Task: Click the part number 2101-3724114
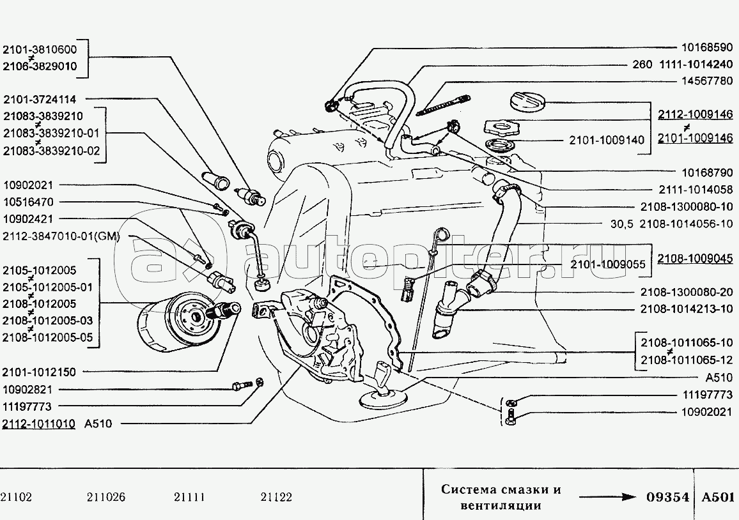(x=40, y=99)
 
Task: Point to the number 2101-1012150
(x=40, y=372)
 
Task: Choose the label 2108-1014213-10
(x=687, y=309)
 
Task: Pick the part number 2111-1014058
(x=695, y=189)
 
